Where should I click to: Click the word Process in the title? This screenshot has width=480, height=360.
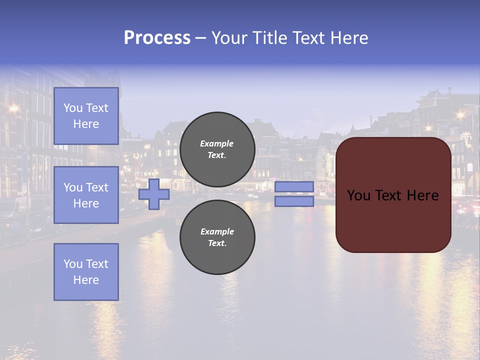tap(157, 38)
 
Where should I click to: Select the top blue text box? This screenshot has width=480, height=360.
tap(86, 116)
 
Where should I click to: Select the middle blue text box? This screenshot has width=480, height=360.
tap(86, 195)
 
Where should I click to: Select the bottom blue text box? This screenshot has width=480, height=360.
tap(86, 271)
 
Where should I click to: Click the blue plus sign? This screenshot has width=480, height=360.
tap(154, 194)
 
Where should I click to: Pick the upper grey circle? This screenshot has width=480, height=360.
tap(217, 149)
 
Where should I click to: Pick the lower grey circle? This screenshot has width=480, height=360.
tap(217, 237)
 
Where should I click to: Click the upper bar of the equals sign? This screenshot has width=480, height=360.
tap(294, 187)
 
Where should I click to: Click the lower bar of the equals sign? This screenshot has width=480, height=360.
tap(294, 201)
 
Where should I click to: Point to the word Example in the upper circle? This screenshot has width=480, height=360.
tap(217, 143)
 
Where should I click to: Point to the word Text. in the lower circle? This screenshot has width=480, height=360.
tap(217, 243)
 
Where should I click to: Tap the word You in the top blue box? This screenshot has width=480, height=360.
tap(72, 108)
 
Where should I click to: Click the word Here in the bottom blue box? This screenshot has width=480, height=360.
tap(86, 280)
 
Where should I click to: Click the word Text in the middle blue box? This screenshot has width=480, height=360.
tap(96, 187)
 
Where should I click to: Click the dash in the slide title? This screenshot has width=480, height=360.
tap(200, 38)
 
